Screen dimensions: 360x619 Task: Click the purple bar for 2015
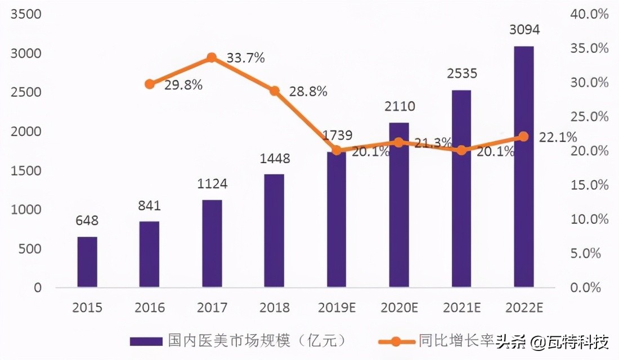[x=87, y=262]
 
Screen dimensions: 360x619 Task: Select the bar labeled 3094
[x=523, y=166]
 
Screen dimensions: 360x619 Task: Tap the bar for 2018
[x=274, y=231]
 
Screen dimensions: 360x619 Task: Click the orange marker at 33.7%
[x=212, y=57]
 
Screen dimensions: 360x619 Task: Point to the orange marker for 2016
[x=149, y=84]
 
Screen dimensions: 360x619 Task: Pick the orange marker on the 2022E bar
[x=523, y=136]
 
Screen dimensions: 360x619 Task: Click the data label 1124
[x=212, y=184]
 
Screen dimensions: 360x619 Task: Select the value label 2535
[x=461, y=74]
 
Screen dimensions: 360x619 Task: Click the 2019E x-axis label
[x=337, y=308]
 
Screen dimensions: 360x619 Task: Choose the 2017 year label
[x=212, y=308]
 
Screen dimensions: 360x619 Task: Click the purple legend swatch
[x=146, y=341]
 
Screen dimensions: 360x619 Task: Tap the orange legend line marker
[x=396, y=341]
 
